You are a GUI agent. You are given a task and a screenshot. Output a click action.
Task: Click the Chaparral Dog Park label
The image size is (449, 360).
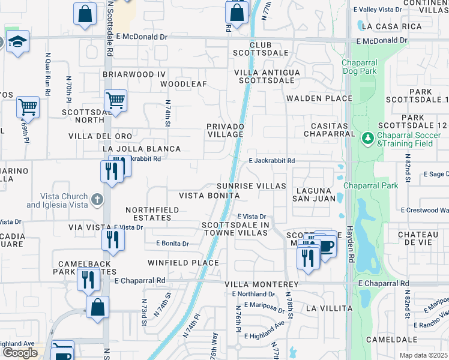[368, 68]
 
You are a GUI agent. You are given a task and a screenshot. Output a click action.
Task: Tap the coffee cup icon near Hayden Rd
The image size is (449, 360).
[326, 246]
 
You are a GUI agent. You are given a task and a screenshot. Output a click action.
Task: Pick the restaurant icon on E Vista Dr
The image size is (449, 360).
[113, 239]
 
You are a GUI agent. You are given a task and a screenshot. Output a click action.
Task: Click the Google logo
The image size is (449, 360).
[20, 352]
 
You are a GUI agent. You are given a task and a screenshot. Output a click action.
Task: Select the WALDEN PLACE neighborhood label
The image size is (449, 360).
[319, 98]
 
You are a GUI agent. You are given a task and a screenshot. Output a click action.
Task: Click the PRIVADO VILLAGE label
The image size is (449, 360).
[225, 131]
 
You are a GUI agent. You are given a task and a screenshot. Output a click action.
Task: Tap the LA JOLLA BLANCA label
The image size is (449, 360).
[142, 149]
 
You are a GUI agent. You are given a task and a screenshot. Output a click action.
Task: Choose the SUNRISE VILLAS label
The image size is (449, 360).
[251, 187]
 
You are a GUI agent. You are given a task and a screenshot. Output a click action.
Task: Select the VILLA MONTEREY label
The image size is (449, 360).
[261, 284]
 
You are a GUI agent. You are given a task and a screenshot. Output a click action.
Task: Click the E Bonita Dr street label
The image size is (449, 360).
[172, 244]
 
